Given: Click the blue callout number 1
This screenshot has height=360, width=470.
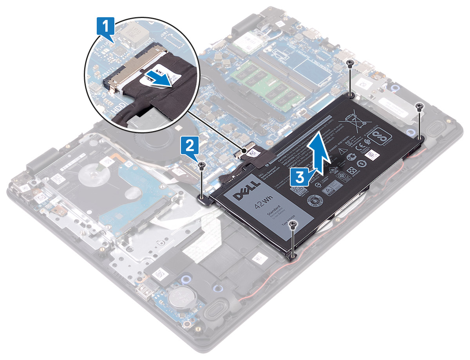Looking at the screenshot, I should click(x=105, y=28).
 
